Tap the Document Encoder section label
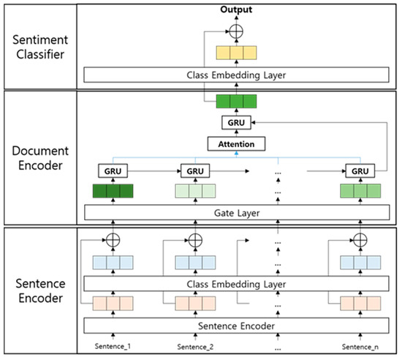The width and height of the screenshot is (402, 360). click(x=39, y=157)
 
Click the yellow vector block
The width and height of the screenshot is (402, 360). click(x=235, y=53)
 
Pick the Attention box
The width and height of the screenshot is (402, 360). click(x=235, y=144)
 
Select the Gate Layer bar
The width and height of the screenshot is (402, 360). click(x=235, y=212)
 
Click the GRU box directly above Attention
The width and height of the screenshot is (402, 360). click(x=235, y=123)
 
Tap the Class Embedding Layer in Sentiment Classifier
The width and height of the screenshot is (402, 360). click(x=235, y=75)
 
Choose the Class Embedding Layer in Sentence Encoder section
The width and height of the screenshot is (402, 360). click(x=235, y=283)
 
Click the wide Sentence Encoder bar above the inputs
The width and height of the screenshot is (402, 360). click(x=235, y=324)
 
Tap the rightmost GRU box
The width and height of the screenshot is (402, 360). click(x=359, y=170)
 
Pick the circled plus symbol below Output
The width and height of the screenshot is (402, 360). click(x=235, y=30)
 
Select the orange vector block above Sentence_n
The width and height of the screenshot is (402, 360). click(x=359, y=303)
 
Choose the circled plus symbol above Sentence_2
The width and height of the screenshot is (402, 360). click(x=195, y=240)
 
